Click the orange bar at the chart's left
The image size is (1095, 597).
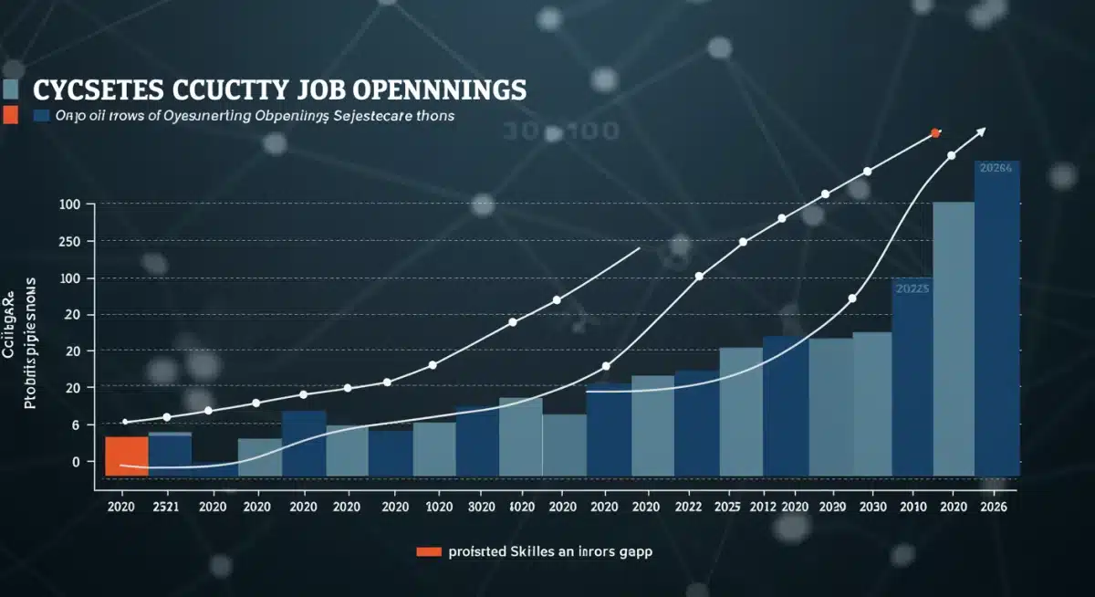[x=127, y=456]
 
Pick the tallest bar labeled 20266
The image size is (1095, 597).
[x=996, y=319]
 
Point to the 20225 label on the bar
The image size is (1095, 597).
[x=912, y=288]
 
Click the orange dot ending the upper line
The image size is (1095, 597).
[x=935, y=133]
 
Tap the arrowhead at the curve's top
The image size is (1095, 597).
[x=981, y=130]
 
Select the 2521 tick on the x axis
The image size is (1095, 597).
[x=166, y=507]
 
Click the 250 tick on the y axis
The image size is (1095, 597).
[x=69, y=242]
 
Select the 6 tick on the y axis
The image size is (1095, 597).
[x=76, y=425]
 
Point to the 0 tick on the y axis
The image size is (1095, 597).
[x=76, y=462]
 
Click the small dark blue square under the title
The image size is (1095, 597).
[x=41, y=116]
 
